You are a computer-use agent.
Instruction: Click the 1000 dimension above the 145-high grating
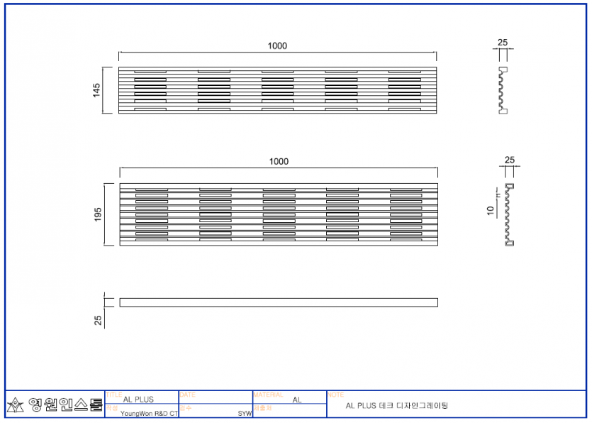pyautogui.click(x=277, y=46)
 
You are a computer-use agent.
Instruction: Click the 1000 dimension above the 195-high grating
pyautogui.click(x=279, y=162)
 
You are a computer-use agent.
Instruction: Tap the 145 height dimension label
pyautogui.click(x=97, y=90)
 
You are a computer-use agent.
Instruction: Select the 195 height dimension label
pyautogui.click(x=98, y=214)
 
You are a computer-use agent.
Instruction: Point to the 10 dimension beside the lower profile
pyautogui.click(x=490, y=210)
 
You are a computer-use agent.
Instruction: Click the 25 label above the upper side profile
pyautogui.click(x=503, y=43)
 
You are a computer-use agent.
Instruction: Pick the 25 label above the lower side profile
pyautogui.click(x=510, y=160)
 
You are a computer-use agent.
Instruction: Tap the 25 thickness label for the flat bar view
pyautogui.click(x=98, y=320)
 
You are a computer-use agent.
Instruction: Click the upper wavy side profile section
pyautogui.click(x=503, y=90)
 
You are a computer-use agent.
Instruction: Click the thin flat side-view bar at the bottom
pyautogui.click(x=279, y=302)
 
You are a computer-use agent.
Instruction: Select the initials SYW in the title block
pyautogui.click(x=245, y=413)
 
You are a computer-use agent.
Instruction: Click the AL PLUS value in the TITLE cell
pyautogui.click(x=138, y=400)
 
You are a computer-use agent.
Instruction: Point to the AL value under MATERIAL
pyautogui.click(x=297, y=400)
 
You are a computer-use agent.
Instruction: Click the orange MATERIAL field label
pyautogui.click(x=268, y=394)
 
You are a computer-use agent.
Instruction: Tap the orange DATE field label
pyautogui.click(x=188, y=394)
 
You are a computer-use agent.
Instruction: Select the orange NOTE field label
pyautogui.click(x=335, y=394)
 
